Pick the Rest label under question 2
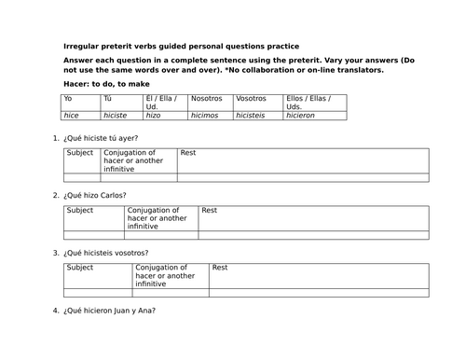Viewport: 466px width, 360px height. [x=209, y=210]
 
